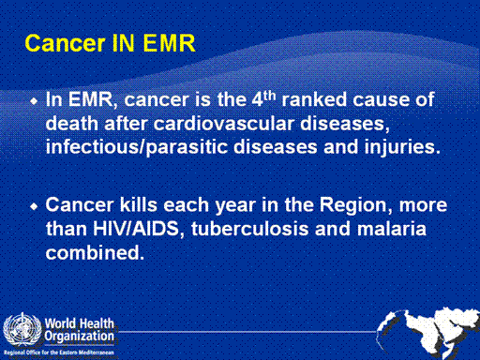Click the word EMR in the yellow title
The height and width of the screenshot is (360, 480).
[x=169, y=43]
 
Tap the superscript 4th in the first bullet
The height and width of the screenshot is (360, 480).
[x=264, y=99]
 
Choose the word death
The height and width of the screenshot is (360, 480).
[x=72, y=124]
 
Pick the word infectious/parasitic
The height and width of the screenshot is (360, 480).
[x=137, y=147]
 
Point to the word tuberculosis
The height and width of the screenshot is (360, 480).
[x=249, y=229]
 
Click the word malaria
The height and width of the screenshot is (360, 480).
[x=392, y=229]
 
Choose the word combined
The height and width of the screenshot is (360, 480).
[x=95, y=252]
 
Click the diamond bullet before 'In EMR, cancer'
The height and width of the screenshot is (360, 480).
[x=34, y=101]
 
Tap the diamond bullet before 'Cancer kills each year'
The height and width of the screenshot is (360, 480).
[x=34, y=206]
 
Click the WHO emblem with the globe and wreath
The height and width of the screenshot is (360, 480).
[x=22, y=330]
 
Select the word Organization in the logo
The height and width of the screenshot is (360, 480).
[x=79, y=337]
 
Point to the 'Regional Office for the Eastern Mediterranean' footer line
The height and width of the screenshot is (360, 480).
[x=59, y=352]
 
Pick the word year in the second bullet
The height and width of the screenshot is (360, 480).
[x=235, y=206]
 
